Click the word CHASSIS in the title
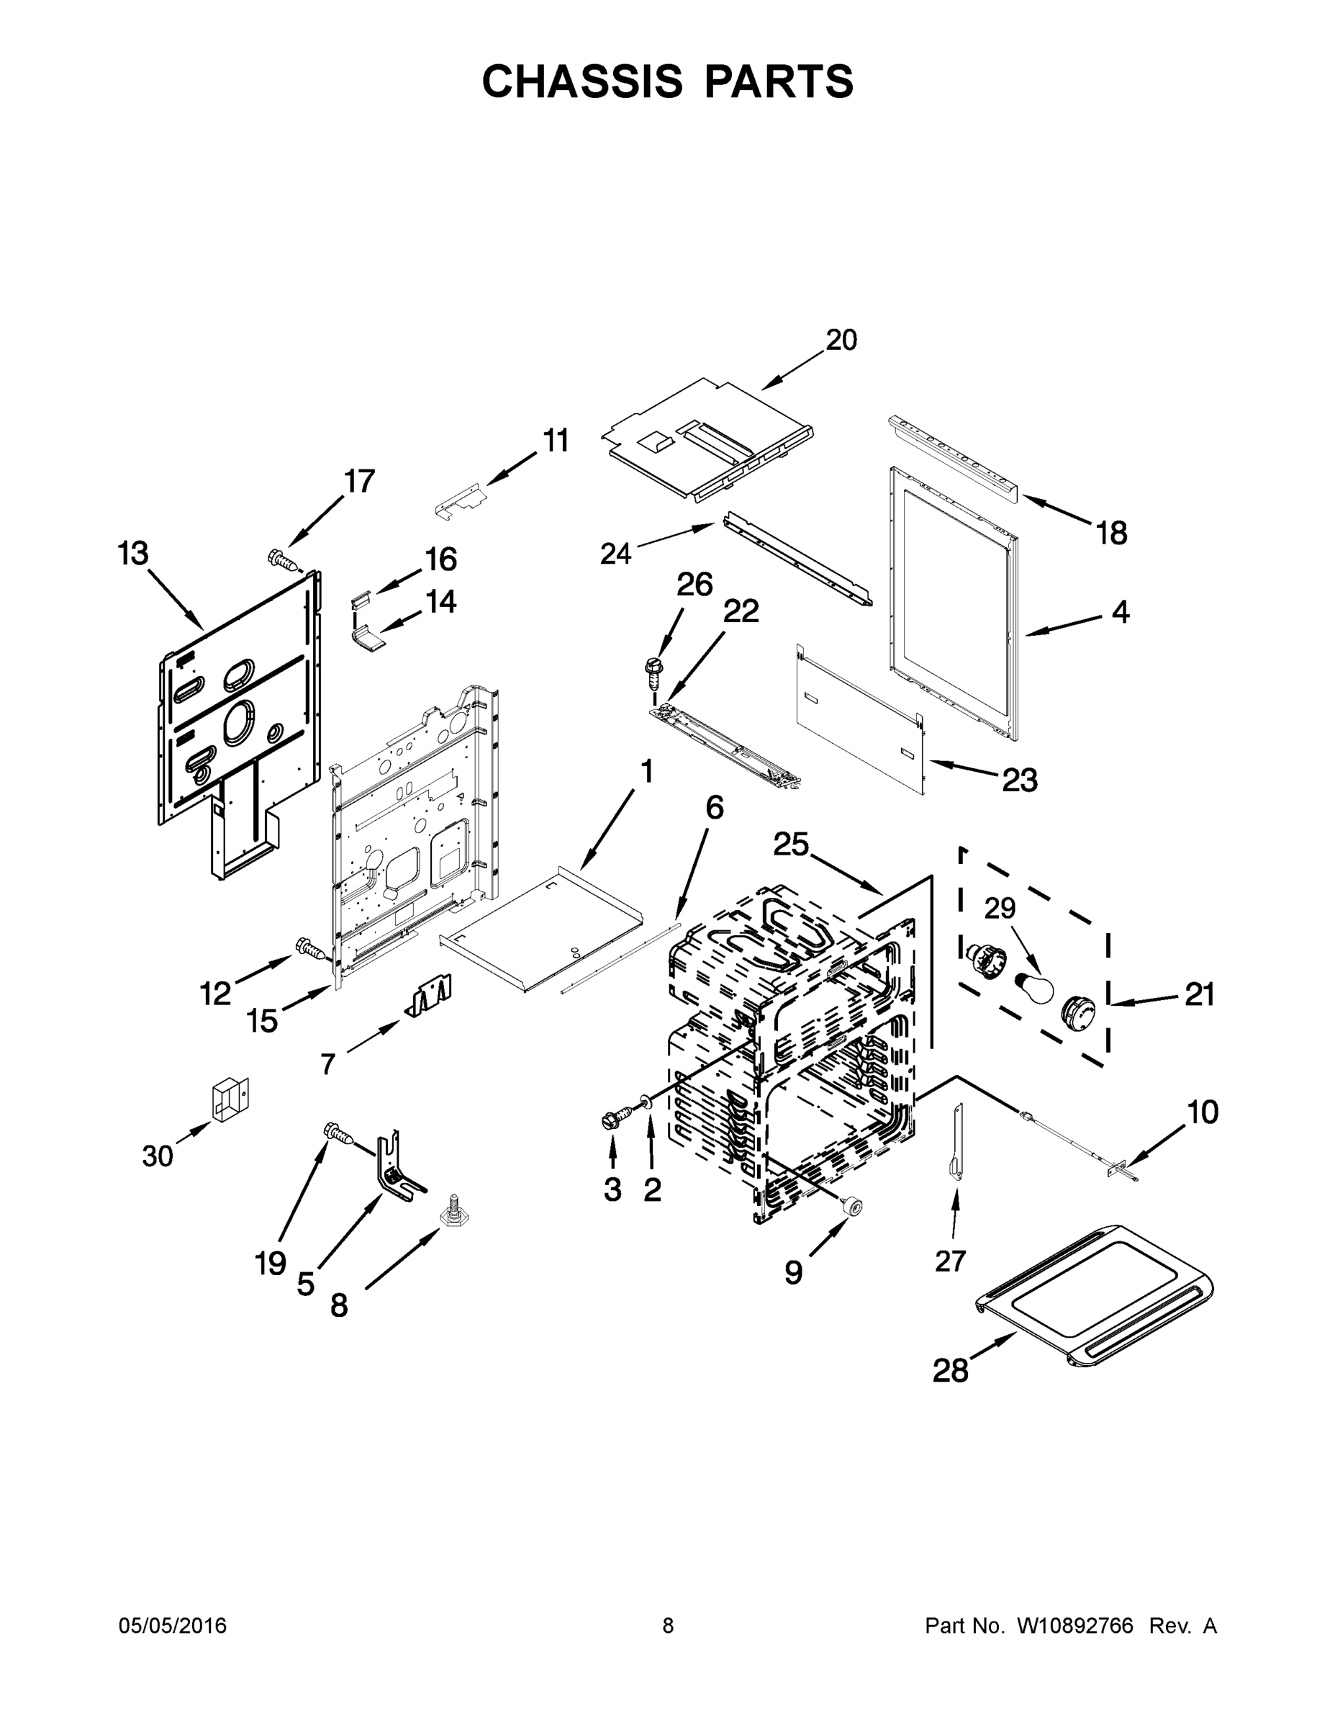(582, 81)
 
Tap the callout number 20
(841, 341)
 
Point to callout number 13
(133, 554)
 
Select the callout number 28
(950, 1370)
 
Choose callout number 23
(1020, 781)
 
